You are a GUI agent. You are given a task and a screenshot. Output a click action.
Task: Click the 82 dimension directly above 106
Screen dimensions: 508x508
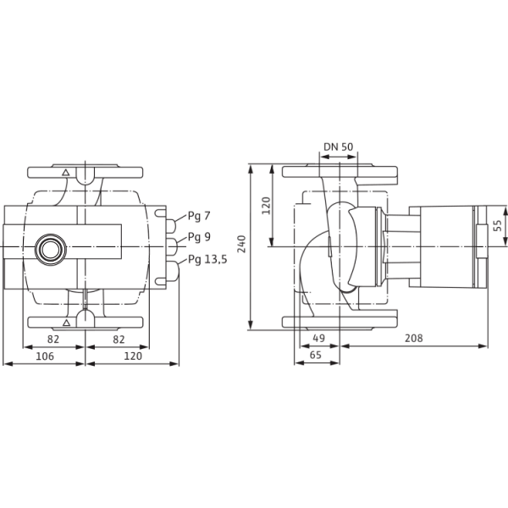click(x=52, y=339)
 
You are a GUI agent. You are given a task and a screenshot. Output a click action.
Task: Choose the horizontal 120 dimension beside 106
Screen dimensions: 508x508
click(x=132, y=357)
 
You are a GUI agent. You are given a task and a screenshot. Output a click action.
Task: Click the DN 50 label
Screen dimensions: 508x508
click(x=339, y=147)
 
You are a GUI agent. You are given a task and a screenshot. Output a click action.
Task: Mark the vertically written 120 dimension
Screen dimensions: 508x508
click(x=265, y=206)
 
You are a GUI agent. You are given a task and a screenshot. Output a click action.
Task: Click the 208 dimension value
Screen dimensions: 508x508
click(x=413, y=339)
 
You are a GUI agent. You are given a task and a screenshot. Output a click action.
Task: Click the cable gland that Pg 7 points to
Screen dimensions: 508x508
click(x=172, y=224)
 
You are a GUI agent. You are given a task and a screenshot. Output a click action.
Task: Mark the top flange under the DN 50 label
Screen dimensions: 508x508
click(x=339, y=173)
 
